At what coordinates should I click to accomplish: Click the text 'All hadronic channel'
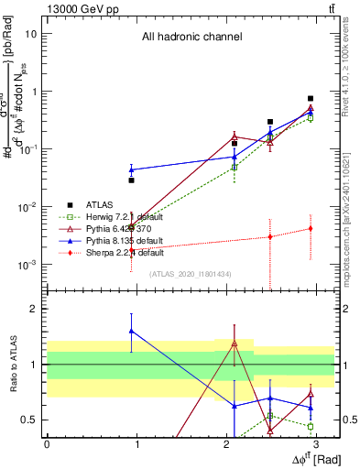click(191, 38)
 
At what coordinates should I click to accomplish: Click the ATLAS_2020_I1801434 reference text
click(191, 273)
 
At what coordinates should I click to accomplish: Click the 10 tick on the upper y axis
click(31, 34)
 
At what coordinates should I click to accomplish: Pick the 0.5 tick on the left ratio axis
click(29, 420)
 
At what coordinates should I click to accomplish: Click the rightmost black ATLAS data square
click(311, 98)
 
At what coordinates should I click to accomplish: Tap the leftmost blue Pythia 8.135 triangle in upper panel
click(132, 169)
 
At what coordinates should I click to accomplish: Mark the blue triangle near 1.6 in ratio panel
click(132, 331)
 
